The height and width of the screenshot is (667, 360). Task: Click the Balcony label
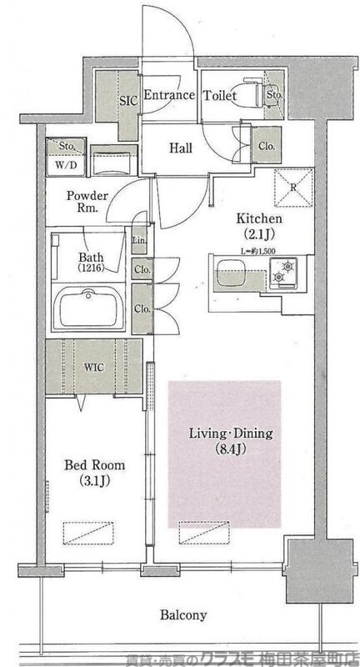[183, 614]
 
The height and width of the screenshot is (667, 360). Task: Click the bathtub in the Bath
[88, 307]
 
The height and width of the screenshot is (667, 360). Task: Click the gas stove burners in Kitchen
[283, 273]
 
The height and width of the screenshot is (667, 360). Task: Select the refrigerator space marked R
[293, 188]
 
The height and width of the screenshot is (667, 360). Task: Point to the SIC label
[128, 101]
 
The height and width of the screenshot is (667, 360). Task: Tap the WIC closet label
[94, 368]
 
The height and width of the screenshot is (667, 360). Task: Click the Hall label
[181, 148]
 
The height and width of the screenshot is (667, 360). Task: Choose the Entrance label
[169, 95]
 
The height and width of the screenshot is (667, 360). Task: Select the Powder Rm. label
[87, 202]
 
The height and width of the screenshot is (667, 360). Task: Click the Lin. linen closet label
[139, 241]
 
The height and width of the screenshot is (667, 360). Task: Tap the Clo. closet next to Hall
[267, 147]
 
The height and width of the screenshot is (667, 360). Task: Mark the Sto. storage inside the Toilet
[274, 94]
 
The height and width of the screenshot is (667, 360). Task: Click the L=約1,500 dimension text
[258, 251]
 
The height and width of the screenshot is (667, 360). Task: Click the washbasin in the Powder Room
[114, 160]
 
